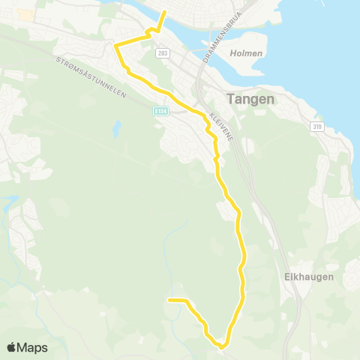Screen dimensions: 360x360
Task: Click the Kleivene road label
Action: pos(220,127)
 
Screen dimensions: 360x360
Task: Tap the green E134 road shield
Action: pos(159,110)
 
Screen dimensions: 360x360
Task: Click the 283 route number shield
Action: pos(163,53)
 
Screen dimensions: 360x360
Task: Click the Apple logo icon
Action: pos(12,347)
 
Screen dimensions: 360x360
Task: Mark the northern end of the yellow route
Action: pos(165,12)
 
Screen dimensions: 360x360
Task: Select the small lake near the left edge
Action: pos(10,202)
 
